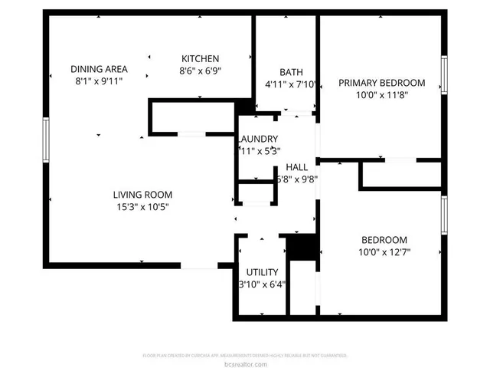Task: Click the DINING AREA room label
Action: coord(99,67)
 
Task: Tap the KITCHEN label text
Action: coord(201,59)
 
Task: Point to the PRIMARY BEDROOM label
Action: coord(381,83)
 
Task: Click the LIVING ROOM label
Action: coord(142,194)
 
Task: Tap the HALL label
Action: coord(297,167)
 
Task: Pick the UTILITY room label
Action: coord(262,272)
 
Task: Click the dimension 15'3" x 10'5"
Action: coord(142,206)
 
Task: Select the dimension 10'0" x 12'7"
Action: coord(384,251)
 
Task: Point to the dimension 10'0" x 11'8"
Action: coord(381,95)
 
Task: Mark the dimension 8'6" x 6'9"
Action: coord(201,71)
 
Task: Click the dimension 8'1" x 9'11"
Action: coord(99,80)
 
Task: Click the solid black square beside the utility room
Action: coord(301,248)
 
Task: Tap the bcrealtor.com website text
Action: coord(245,363)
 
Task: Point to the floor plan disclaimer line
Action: coord(245,356)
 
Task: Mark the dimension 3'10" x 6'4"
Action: coord(262,284)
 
